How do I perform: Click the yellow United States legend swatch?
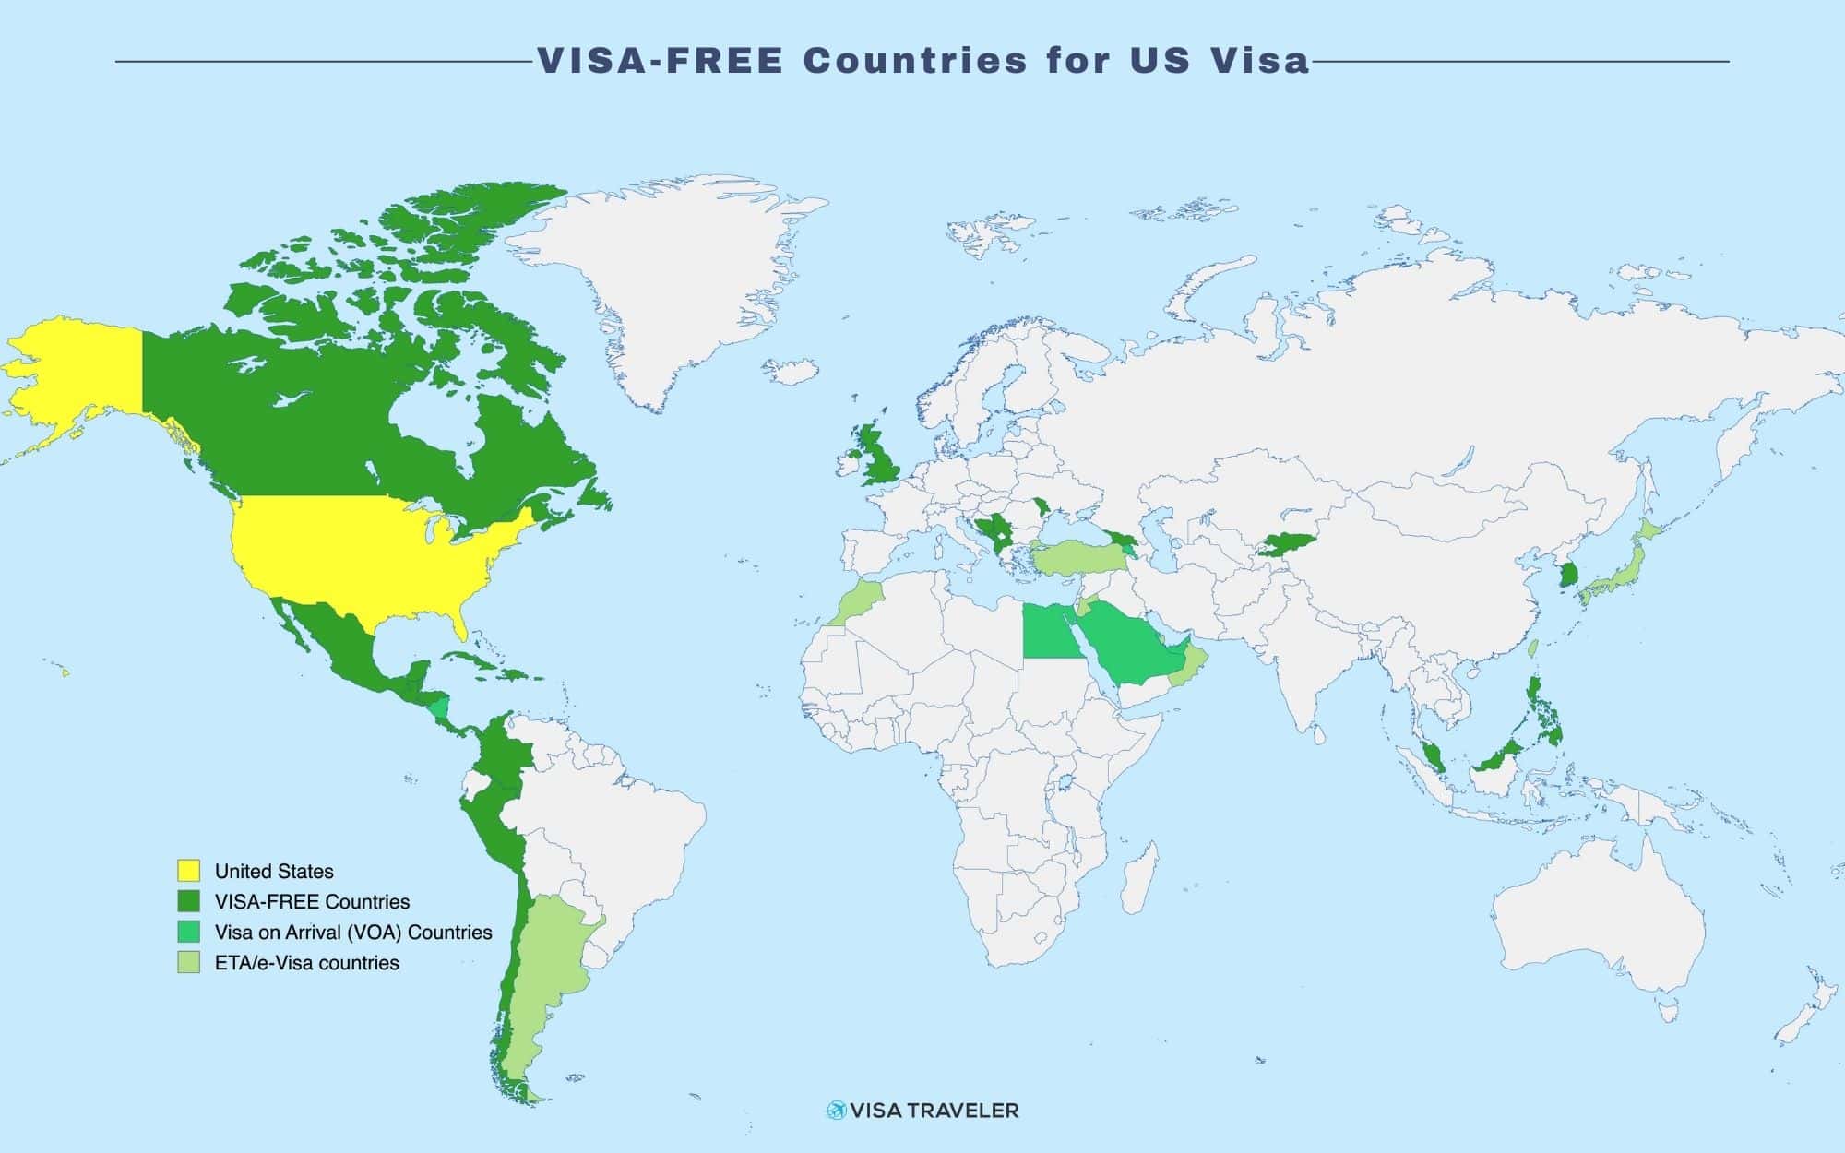(x=188, y=871)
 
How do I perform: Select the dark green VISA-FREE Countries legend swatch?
(x=188, y=901)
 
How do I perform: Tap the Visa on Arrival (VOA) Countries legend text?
(x=353, y=932)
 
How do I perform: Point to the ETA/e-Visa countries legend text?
(x=306, y=962)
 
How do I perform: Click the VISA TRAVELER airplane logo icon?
(x=837, y=1110)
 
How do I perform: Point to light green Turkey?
(x=1075, y=558)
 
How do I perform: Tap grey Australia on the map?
(x=1596, y=932)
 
